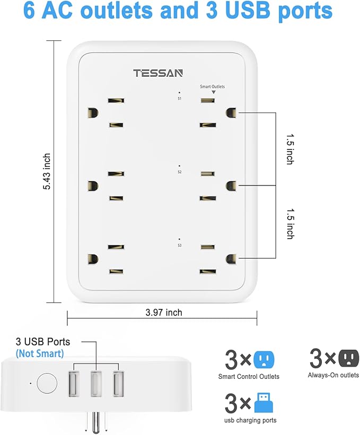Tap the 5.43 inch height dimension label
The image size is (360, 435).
point(47,172)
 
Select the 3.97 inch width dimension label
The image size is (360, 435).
point(163,313)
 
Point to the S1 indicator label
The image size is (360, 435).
point(179,97)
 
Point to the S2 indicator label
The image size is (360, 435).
point(179,172)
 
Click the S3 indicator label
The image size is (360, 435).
point(179,245)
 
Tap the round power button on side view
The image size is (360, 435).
point(47,383)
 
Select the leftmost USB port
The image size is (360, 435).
point(74,383)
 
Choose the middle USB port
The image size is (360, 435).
point(96,383)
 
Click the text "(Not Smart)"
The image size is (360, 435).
point(40,353)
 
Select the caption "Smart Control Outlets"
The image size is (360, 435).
point(249,377)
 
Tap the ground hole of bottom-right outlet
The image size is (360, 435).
point(231,259)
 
